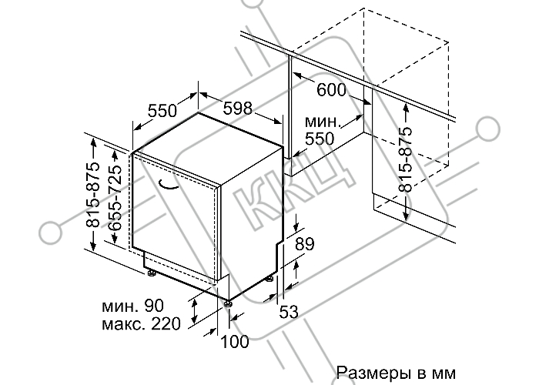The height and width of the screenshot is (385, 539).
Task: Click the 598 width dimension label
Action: point(237,109)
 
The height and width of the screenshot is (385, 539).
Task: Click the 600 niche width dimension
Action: point(331,90)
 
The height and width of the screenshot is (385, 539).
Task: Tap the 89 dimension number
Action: point(305,244)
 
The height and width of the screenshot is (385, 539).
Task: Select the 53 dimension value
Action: point(289,312)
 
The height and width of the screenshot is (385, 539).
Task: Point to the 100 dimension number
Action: point(234,341)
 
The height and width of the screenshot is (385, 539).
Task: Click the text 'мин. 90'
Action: point(132,306)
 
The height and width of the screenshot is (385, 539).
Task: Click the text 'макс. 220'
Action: point(141,323)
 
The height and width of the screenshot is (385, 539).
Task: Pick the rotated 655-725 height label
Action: point(115,198)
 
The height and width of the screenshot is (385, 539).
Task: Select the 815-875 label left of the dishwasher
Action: point(93,195)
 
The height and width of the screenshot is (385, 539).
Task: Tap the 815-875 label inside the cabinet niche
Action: point(405,159)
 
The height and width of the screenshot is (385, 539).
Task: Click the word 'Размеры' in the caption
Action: point(373,373)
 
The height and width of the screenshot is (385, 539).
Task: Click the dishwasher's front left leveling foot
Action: point(151,273)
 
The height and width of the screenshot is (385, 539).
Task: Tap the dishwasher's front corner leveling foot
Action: point(228,303)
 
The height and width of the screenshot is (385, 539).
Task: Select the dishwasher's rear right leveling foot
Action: point(270,279)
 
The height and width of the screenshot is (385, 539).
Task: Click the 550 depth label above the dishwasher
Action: point(162,111)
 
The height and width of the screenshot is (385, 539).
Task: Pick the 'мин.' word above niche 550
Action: point(323,122)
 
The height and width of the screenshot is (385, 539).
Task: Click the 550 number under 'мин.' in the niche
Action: point(320,139)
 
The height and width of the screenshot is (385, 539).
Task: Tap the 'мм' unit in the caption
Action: point(446,373)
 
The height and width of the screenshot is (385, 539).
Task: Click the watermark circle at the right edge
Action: point(488,128)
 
